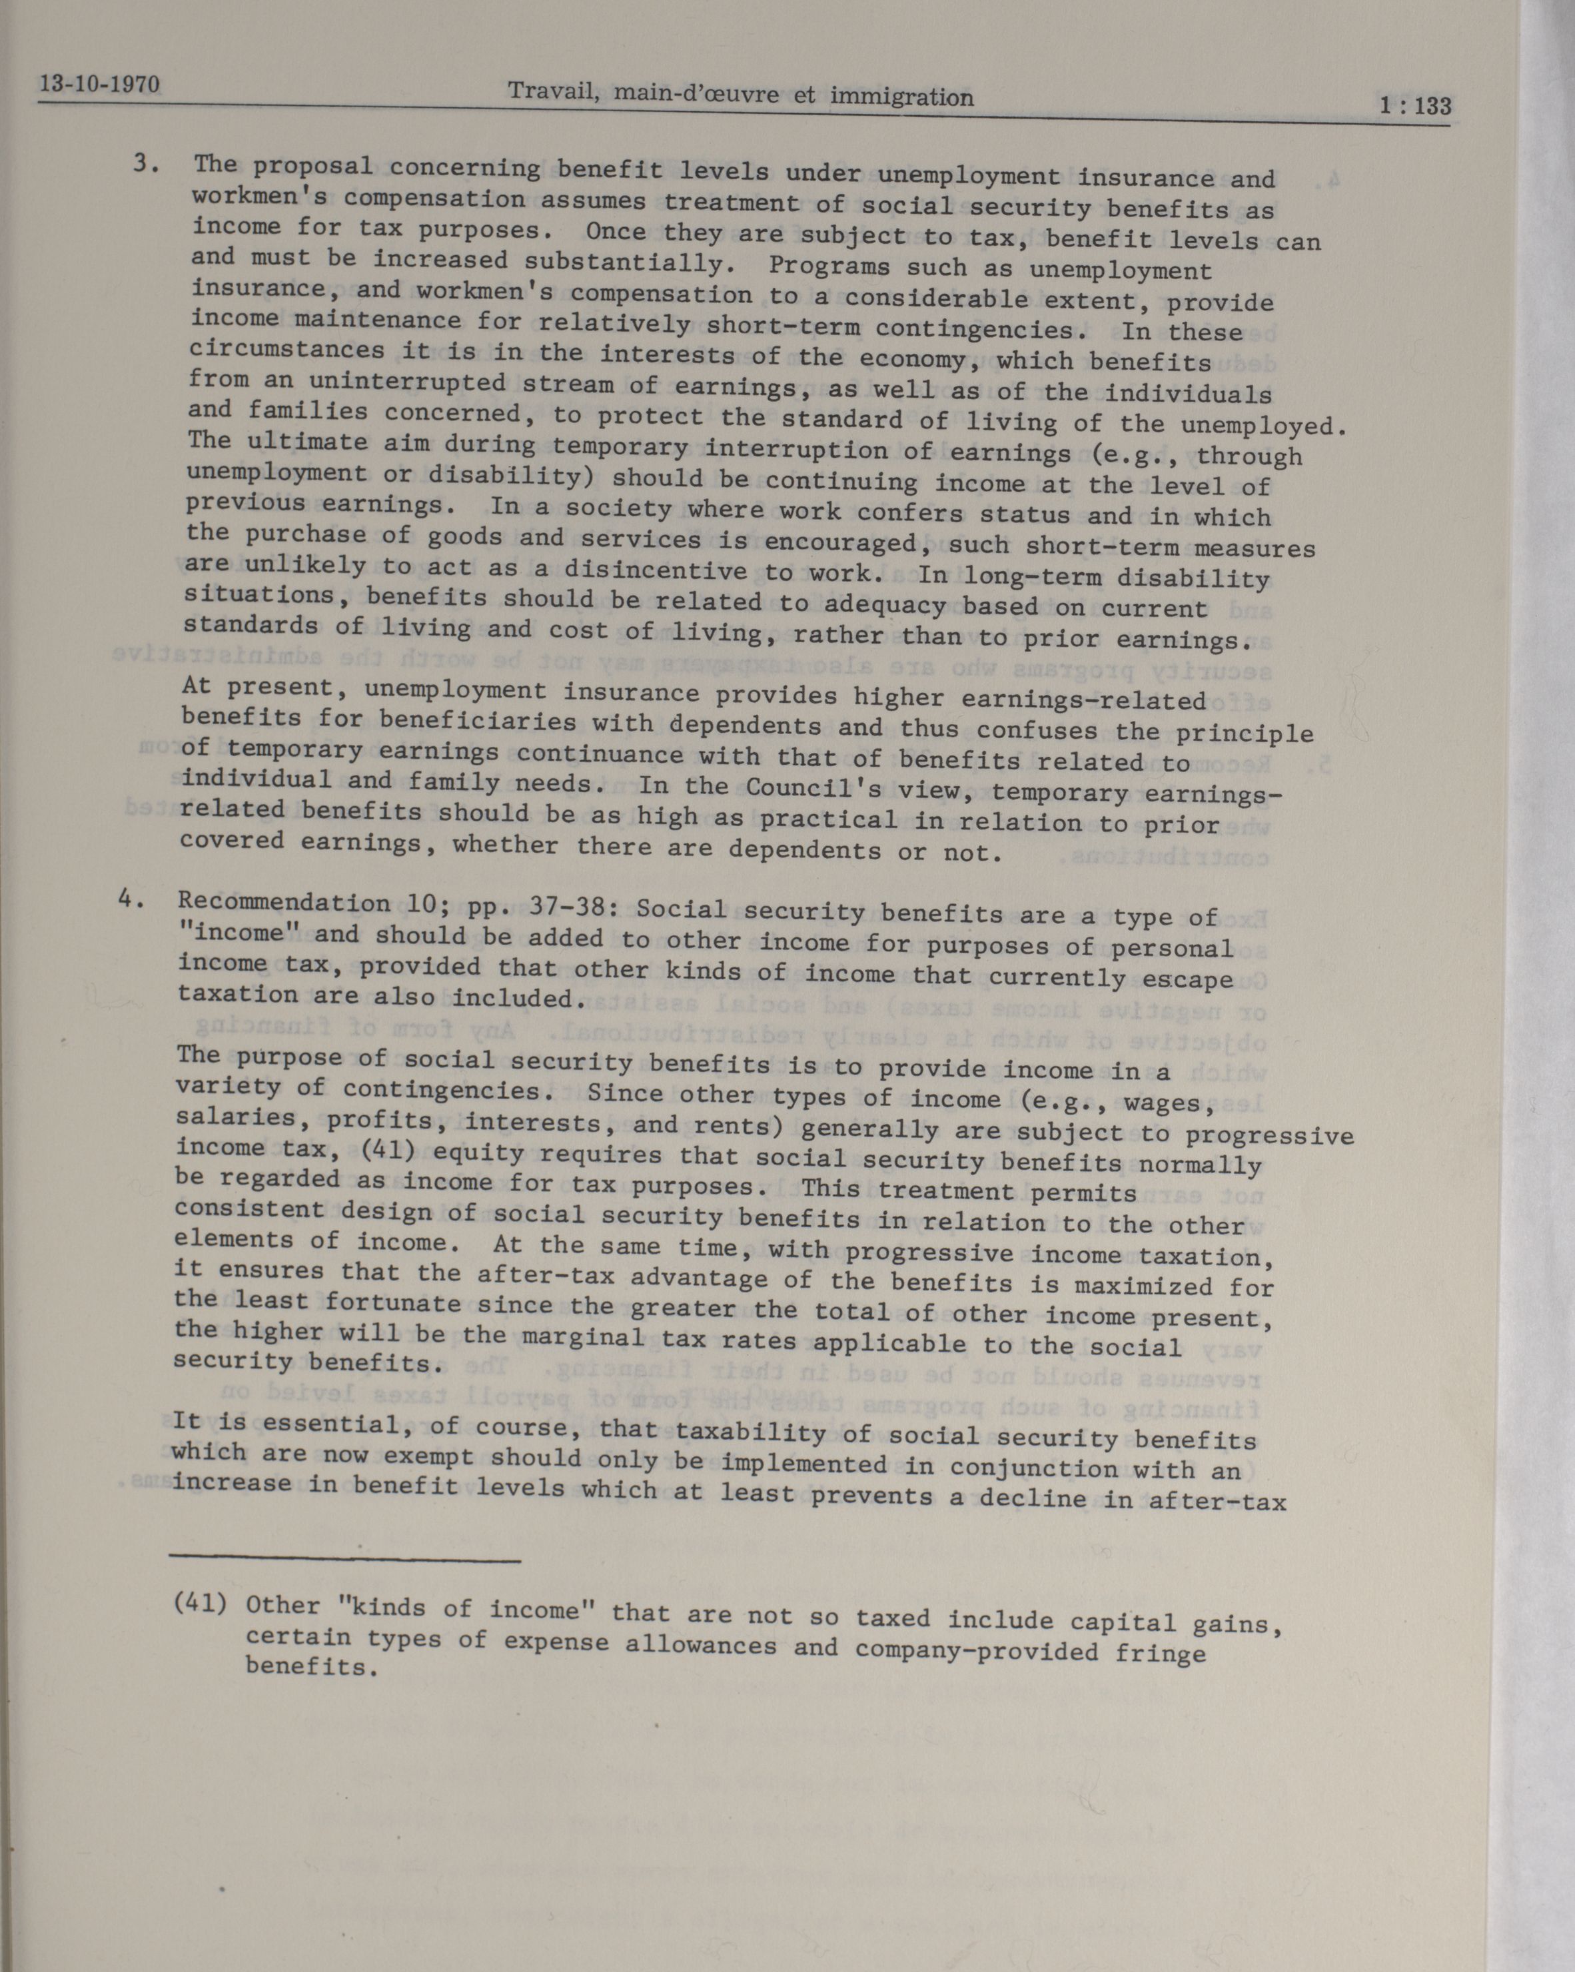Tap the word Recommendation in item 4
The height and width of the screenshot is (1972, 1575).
[284, 903]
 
